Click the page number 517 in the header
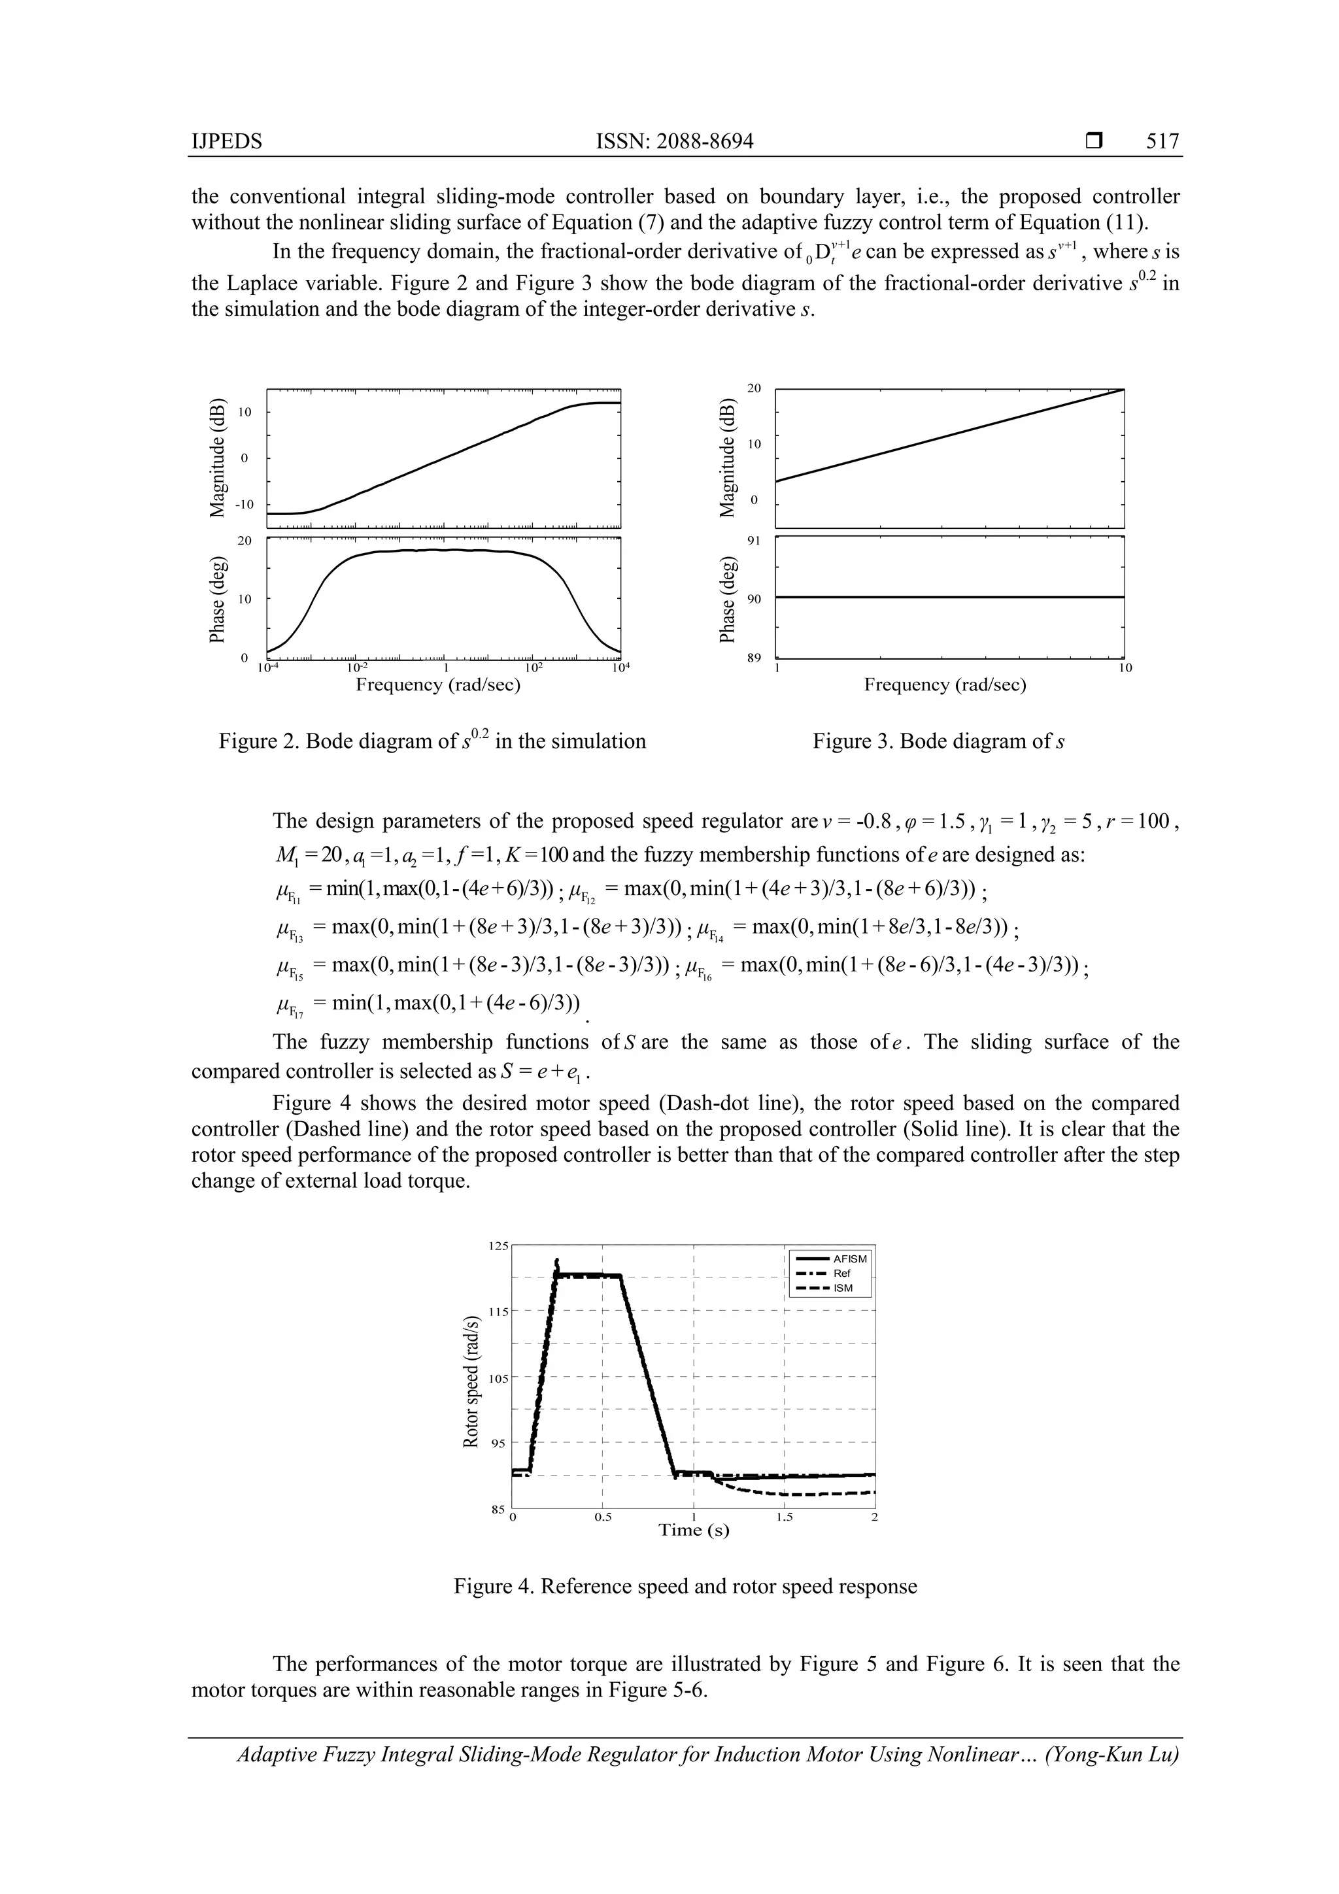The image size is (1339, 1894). tap(1162, 141)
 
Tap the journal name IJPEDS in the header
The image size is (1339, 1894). tap(226, 141)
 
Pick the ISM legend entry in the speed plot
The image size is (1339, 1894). tap(842, 1288)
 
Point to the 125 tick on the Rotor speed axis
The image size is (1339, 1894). tap(498, 1247)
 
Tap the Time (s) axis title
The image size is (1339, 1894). tap(693, 1531)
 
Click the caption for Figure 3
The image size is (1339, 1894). tap(938, 741)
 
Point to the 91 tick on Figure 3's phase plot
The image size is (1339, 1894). tap(753, 541)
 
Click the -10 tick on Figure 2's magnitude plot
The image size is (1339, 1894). tap(246, 504)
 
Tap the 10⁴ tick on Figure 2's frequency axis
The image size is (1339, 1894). tap(620, 668)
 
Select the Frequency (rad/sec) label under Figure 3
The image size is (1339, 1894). tap(945, 685)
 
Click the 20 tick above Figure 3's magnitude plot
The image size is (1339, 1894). tap(753, 388)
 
